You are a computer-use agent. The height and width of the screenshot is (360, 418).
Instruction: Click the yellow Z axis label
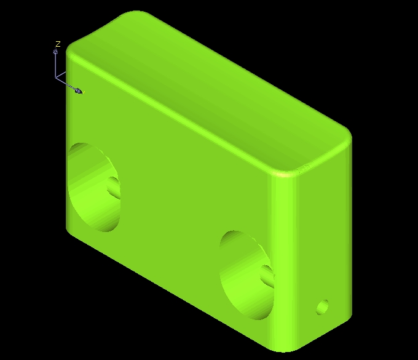click(58, 44)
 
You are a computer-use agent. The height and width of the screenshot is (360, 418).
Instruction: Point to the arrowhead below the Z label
click(55, 52)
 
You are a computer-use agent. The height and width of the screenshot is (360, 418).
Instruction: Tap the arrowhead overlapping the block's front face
click(78, 90)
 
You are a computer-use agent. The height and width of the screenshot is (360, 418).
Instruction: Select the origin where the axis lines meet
click(55, 77)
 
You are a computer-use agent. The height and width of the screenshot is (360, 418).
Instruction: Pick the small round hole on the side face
click(322, 307)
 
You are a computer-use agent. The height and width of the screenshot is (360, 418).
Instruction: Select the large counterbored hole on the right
click(246, 275)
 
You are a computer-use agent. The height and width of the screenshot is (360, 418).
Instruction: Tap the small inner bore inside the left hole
click(114, 188)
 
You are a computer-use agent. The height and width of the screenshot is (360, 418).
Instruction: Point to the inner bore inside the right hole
click(267, 277)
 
